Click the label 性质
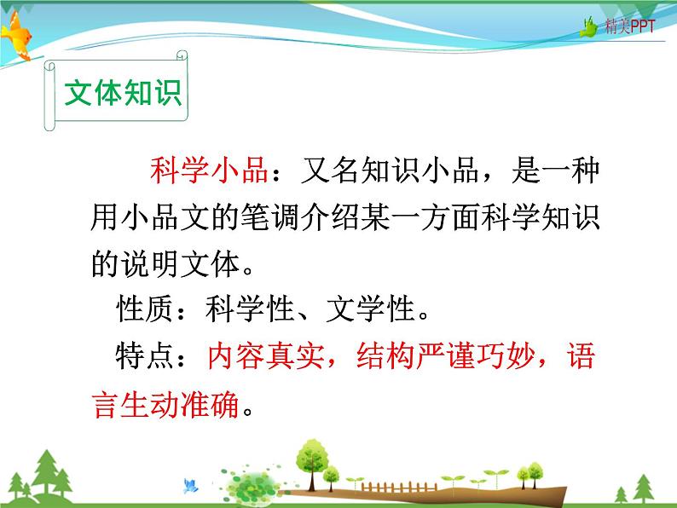point(145,309)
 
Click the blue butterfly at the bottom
point(190,487)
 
